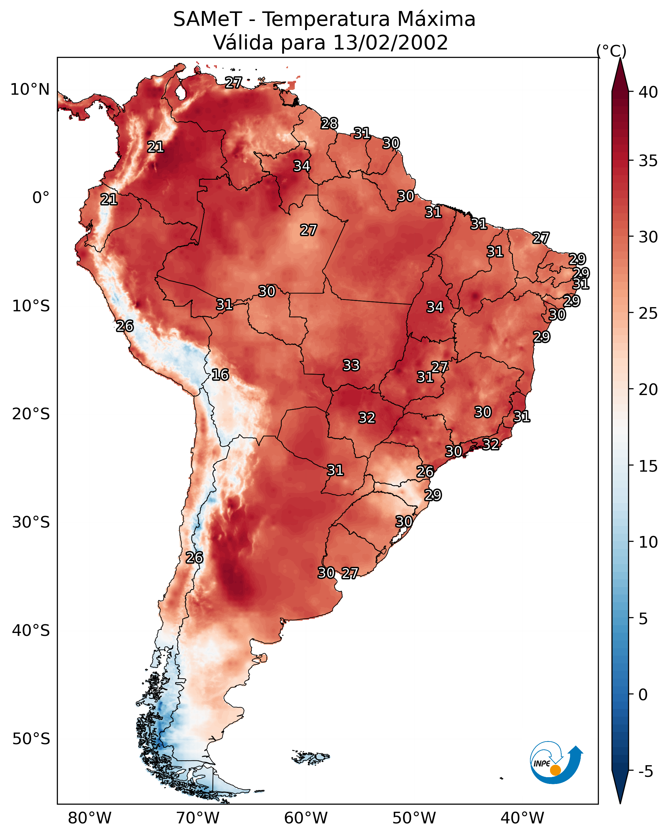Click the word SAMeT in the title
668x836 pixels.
point(207,19)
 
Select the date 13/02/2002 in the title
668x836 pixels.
point(390,43)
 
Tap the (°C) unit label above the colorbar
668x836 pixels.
point(611,51)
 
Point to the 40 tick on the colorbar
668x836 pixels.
point(648,92)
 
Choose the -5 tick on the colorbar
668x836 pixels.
point(645,772)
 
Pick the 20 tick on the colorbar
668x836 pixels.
point(648,390)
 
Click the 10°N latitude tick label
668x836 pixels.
point(30,90)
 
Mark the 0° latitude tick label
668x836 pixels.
point(41,198)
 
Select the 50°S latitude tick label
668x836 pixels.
point(31,739)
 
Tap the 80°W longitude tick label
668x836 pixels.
point(90,818)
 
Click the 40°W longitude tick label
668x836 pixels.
point(522,818)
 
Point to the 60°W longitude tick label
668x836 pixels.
point(306,818)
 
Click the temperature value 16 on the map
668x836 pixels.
point(220,375)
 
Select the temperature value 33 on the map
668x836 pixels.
point(351,365)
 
